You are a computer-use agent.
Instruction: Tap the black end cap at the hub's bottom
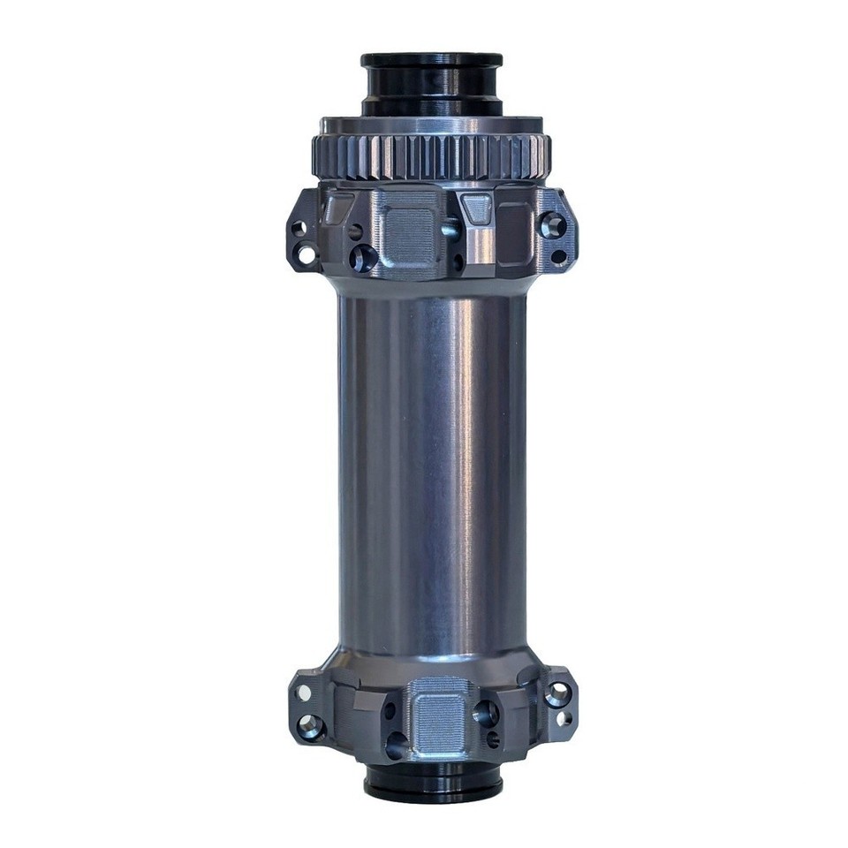tap(432, 782)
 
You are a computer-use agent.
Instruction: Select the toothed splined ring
tap(431, 157)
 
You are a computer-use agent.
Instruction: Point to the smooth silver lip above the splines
tap(431, 125)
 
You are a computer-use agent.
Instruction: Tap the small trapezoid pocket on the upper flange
tap(477, 208)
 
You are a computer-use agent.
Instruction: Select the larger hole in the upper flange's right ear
tap(553, 225)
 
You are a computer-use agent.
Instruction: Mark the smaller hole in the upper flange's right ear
tap(558, 258)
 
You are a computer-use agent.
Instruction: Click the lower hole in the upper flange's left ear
tap(307, 257)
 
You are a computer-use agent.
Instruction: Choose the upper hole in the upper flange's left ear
tap(299, 229)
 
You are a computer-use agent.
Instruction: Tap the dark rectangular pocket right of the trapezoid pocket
tap(515, 233)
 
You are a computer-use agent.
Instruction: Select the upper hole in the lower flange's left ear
tap(304, 693)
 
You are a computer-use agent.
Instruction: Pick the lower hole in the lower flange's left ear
tap(310, 727)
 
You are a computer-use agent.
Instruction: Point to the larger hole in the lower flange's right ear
tap(556, 694)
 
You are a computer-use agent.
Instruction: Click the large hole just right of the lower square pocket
tap(485, 713)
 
